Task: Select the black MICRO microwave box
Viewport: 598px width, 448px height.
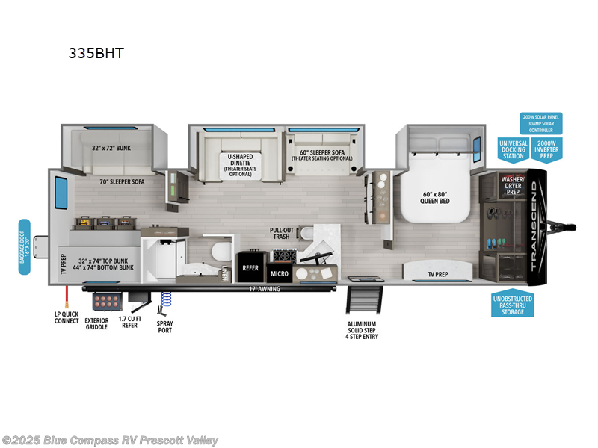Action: [x=280, y=273]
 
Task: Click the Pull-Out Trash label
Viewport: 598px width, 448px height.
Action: [x=281, y=234]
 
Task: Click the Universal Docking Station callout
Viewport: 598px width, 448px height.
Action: [x=513, y=148]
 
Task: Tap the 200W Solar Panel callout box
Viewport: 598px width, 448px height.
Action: [x=540, y=122]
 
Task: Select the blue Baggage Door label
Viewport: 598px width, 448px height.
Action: [x=25, y=246]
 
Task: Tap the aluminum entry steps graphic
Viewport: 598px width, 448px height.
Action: [x=363, y=302]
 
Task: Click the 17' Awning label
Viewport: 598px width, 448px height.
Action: [x=264, y=288]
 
